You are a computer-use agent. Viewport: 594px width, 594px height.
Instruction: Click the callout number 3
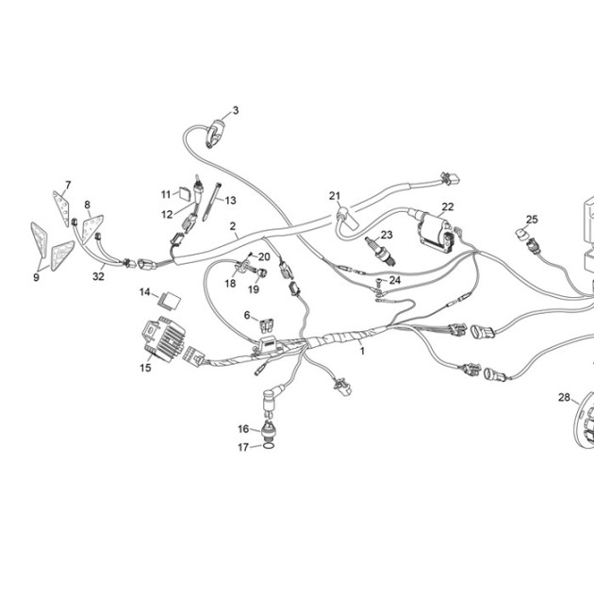coord(236,110)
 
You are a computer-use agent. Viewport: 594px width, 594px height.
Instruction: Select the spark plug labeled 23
coord(380,250)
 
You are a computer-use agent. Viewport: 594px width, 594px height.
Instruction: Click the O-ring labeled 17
coord(268,447)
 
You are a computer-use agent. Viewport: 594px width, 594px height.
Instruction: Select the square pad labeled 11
coord(185,194)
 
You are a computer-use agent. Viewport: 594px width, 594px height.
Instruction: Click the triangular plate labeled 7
coord(61,208)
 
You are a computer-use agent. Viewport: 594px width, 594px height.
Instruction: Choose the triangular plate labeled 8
coord(92,228)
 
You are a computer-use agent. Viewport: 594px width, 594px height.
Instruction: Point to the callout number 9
coord(36,277)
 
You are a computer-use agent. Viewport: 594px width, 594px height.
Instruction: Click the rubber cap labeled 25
coord(522,235)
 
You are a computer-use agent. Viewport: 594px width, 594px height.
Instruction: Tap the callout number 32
coord(98,276)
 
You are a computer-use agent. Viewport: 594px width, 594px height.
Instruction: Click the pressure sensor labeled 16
coord(269,431)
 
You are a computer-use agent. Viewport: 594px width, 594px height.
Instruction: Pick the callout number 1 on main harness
coord(362,351)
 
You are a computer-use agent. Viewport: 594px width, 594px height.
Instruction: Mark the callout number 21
coord(335,196)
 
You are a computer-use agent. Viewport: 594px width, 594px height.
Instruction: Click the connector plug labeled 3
coord(215,133)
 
